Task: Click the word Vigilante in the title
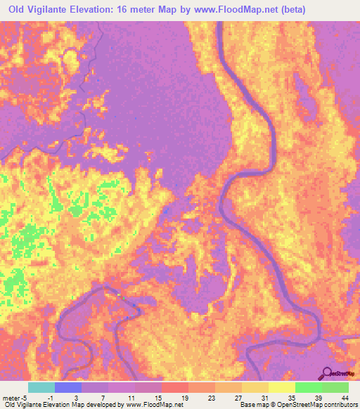click(x=54, y=10)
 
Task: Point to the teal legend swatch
click(x=41, y=387)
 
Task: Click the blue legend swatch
click(x=67, y=387)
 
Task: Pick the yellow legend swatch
click(x=281, y=387)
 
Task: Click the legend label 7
click(x=103, y=397)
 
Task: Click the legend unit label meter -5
click(x=16, y=397)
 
